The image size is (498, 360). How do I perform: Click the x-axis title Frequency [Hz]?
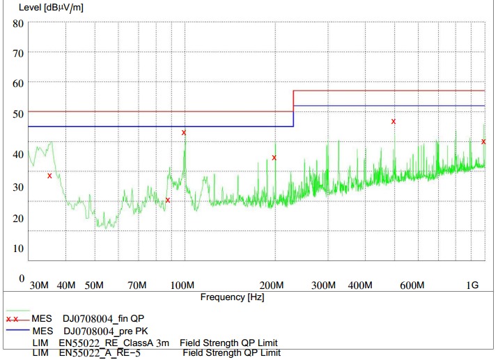coord(233,297)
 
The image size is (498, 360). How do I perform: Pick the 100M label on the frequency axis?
coord(182,285)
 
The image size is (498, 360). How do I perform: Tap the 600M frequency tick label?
coord(412,285)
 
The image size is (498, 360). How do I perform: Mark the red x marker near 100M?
coord(184,132)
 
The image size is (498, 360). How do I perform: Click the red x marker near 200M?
coord(274,157)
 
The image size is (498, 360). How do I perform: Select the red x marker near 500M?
coord(394,121)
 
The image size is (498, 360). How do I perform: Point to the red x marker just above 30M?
coord(49,175)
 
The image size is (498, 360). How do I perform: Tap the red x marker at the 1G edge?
coord(483,141)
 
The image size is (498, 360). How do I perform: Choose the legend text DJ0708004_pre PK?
coord(106,330)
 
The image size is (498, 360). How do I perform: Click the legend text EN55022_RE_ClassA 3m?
coord(114,343)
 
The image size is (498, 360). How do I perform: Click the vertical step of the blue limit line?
coord(293,116)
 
